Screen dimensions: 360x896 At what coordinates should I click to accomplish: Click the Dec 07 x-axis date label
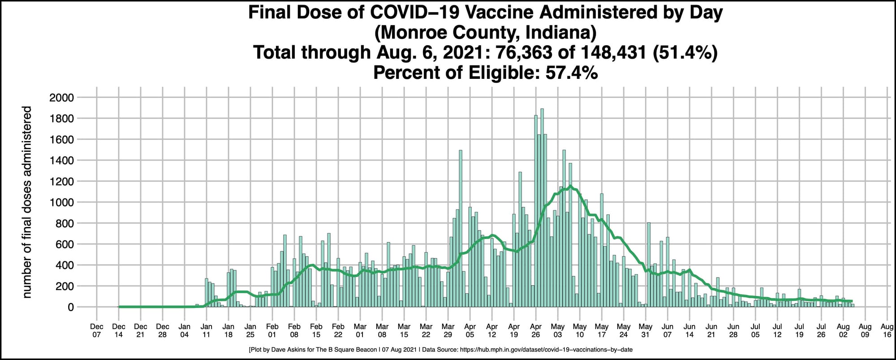[97, 330]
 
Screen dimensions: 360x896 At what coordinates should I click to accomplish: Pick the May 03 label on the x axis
[558, 330]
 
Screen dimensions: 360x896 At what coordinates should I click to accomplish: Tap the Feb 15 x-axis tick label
[316, 330]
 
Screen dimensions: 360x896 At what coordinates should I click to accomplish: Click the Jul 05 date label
[755, 330]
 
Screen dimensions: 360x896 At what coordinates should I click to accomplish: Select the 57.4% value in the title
[571, 72]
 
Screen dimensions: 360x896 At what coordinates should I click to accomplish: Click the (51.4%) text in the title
[685, 52]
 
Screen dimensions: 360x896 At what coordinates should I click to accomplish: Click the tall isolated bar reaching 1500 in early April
[461, 228]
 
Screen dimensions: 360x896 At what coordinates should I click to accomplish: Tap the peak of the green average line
[570, 186]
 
